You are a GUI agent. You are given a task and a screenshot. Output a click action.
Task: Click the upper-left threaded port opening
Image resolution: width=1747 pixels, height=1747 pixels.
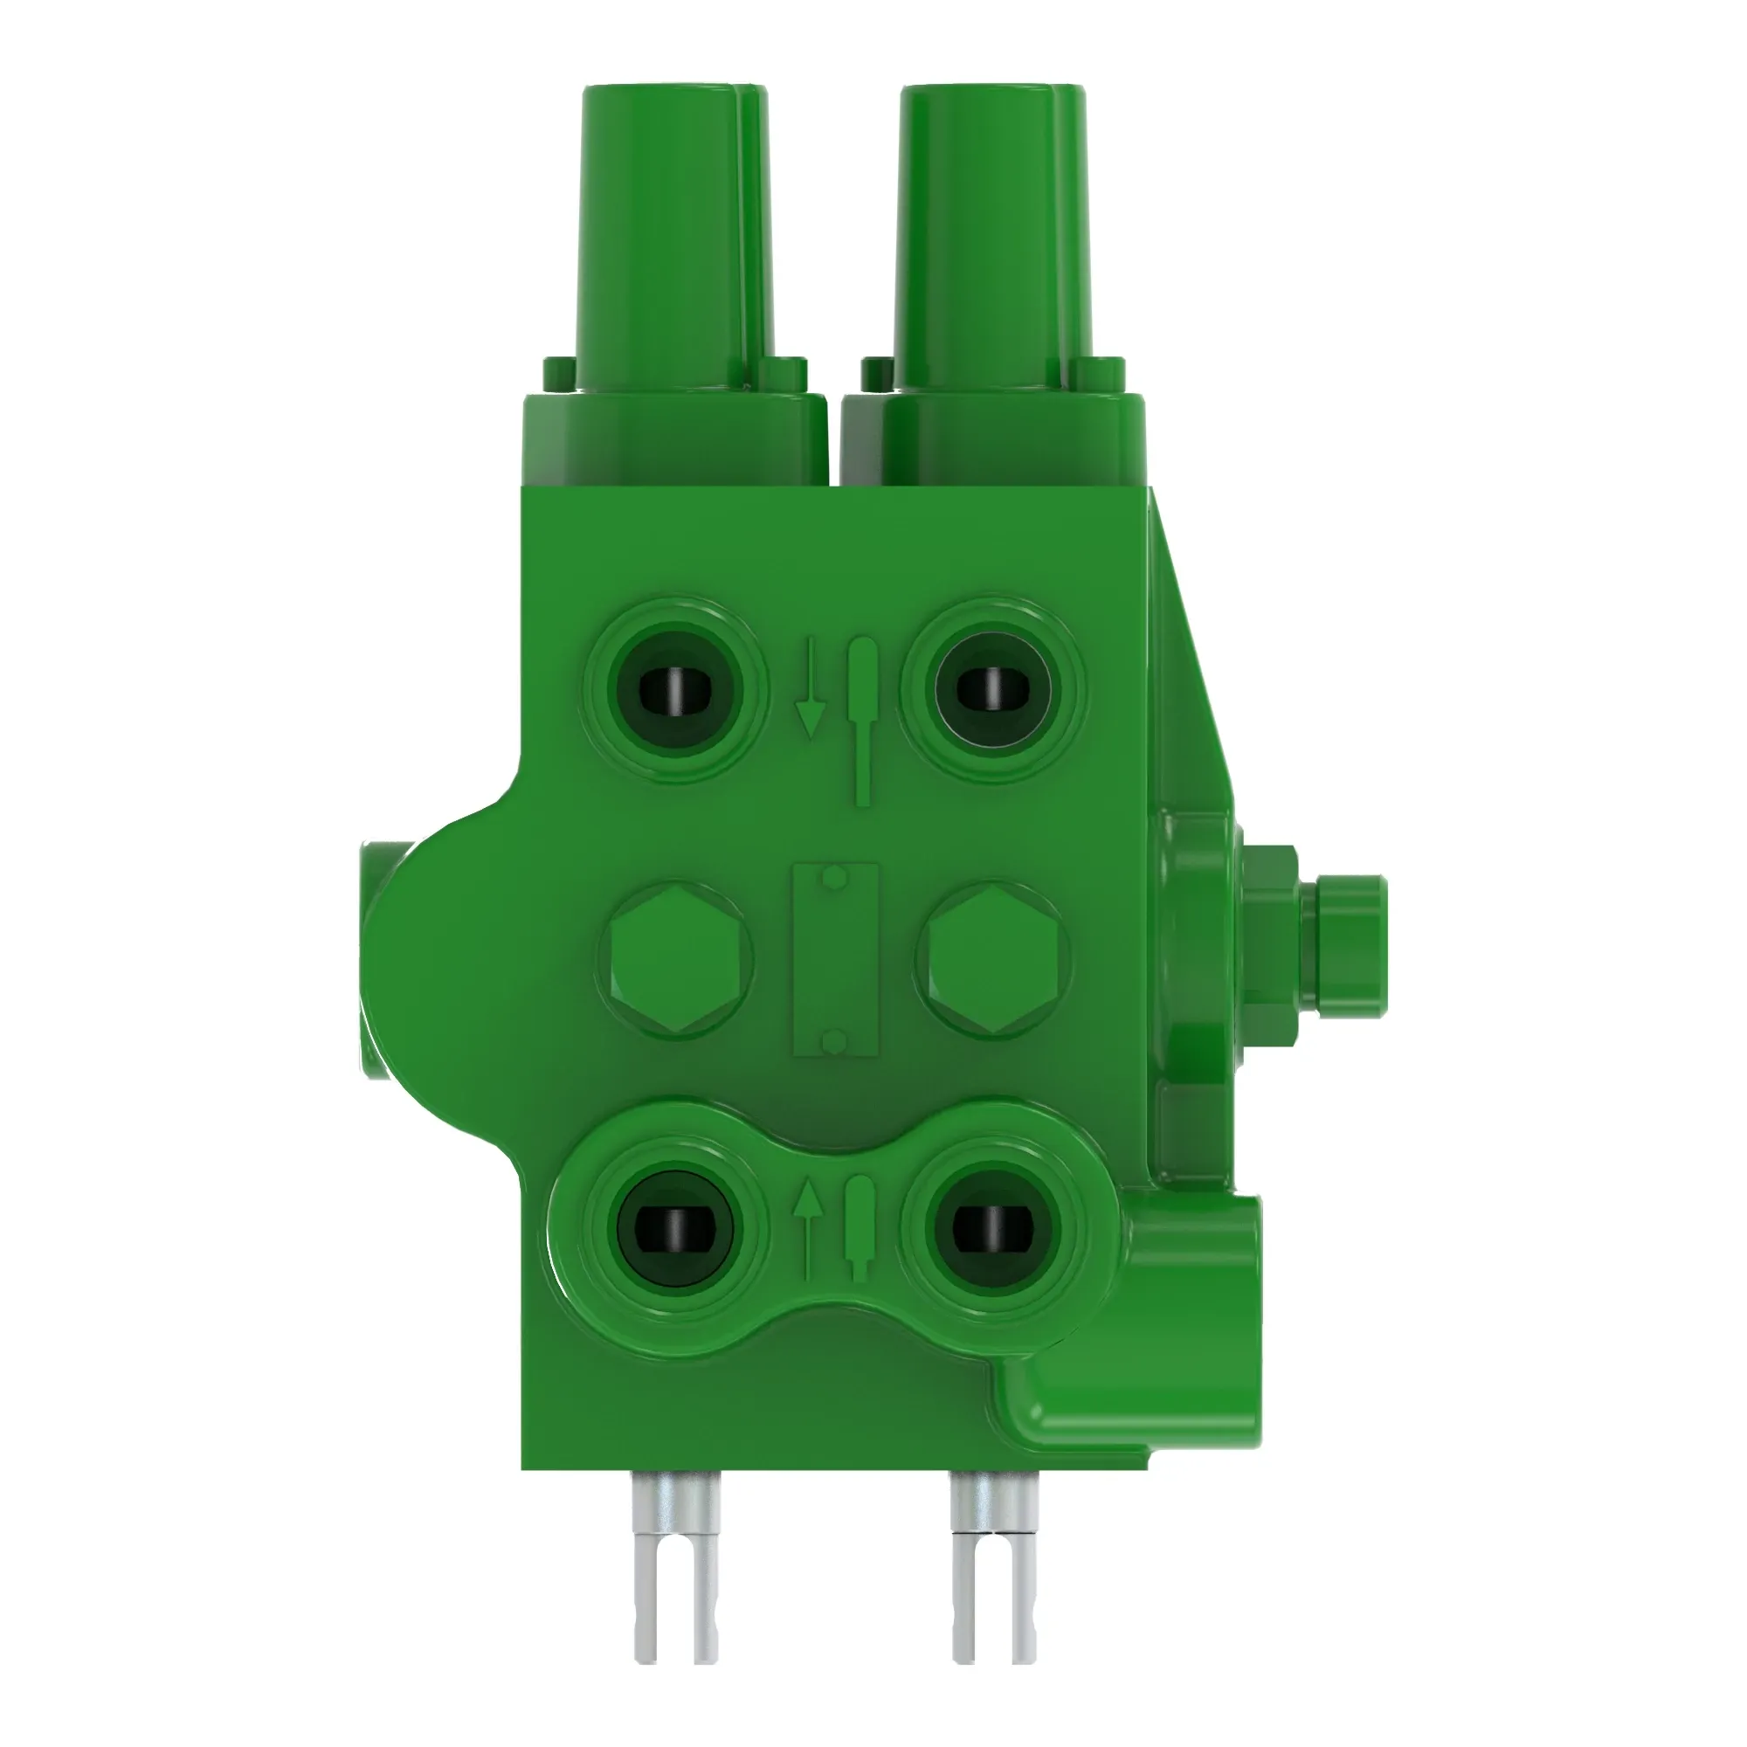(x=675, y=691)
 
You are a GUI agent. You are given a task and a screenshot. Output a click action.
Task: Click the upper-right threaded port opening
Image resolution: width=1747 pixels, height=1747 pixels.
(x=993, y=691)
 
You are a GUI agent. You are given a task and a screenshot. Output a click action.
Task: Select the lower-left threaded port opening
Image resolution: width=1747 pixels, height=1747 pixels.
(x=675, y=1228)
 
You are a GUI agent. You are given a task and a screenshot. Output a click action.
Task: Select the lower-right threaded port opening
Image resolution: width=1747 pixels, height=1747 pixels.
(x=993, y=1228)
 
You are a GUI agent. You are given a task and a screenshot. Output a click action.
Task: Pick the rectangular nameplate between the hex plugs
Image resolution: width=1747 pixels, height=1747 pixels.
(x=836, y=960)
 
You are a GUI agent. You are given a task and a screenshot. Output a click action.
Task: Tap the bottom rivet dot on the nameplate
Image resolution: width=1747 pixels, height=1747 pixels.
(x=838, y=1046)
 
